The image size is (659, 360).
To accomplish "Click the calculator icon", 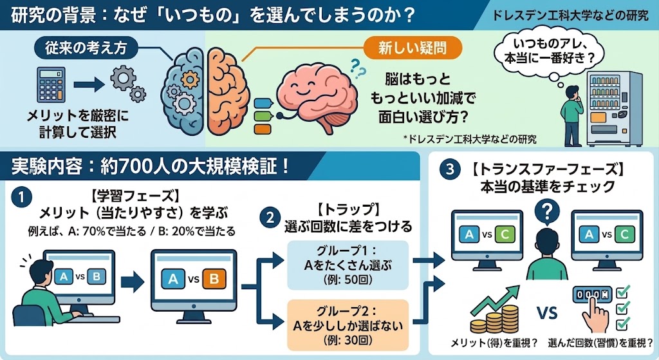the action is (51, 84).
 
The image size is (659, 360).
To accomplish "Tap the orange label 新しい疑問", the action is (413, 48).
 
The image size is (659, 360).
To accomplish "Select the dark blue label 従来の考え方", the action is (86, 48).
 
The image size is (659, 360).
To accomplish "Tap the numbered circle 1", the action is (21, 197).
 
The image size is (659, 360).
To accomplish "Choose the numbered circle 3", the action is (450, 169).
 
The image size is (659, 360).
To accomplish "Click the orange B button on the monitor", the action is (214, 279).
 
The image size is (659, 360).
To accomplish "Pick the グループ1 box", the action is (348, 265).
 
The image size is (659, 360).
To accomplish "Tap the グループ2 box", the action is (348, 325).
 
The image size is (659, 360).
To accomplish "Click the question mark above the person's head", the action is (547, 211).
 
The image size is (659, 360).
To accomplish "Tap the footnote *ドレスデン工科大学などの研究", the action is (469, 139).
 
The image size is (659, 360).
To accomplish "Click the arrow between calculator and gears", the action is (89, 84).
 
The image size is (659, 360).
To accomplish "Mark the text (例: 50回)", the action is (348, 279).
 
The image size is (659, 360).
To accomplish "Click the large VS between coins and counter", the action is (547, 313).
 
